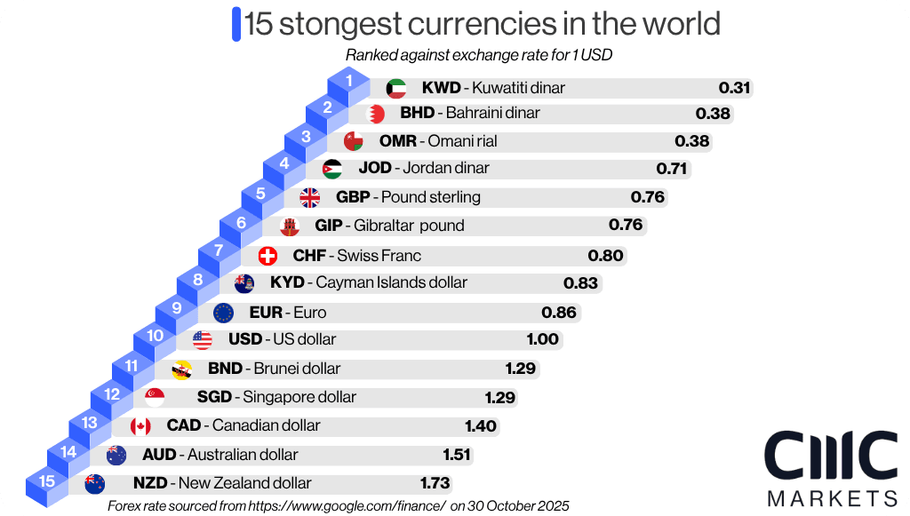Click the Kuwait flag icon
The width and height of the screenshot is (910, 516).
396,88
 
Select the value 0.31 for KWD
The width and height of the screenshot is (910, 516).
735,88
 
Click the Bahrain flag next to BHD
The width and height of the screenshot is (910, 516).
375,114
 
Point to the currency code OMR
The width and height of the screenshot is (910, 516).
397,141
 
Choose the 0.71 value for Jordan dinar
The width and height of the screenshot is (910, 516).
673,168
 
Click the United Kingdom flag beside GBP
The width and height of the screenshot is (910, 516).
310,197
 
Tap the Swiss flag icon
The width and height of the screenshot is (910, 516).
267,256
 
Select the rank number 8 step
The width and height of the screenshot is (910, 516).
197,281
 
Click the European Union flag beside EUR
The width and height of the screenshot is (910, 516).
224,313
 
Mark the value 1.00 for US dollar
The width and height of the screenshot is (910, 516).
542,339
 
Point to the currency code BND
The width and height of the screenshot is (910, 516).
225,369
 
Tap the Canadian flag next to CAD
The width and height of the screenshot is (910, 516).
140,426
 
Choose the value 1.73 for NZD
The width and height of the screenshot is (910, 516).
435,483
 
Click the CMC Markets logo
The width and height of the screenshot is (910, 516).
830,466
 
